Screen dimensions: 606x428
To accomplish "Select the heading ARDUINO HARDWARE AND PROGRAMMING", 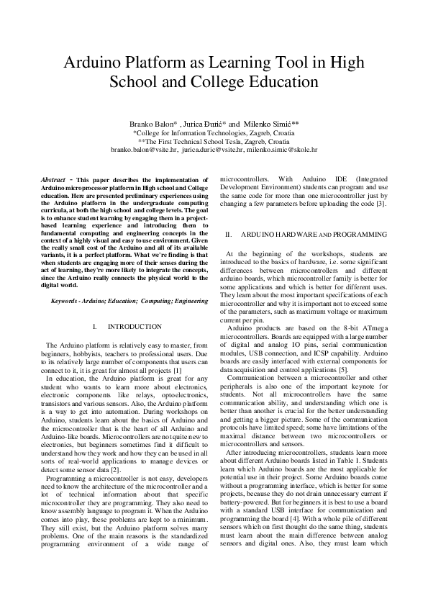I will (x=314, y=235).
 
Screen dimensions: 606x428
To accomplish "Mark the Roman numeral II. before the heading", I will (x=229, y=235).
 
